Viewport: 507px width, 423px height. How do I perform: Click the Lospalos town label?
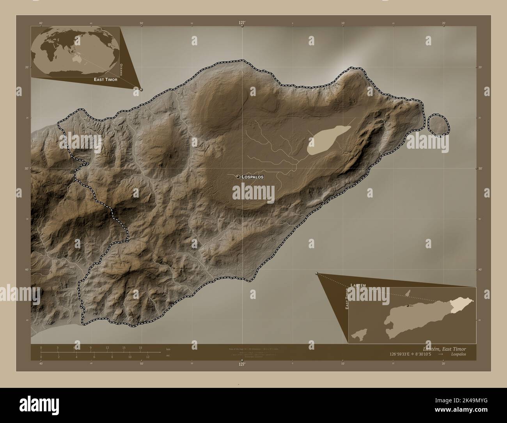click(x=253, y=177)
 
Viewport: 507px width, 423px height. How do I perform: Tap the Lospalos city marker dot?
click(x=238, y=177)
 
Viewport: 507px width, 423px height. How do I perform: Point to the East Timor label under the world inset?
click(x=105, y=79)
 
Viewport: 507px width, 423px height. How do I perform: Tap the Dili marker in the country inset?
click(x=408, y=306)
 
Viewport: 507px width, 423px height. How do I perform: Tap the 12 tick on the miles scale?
click(x=148, y=357)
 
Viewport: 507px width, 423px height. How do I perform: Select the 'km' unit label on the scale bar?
click(x=168, y=349)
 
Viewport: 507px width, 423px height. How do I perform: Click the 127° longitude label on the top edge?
click(x=242, y=23)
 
